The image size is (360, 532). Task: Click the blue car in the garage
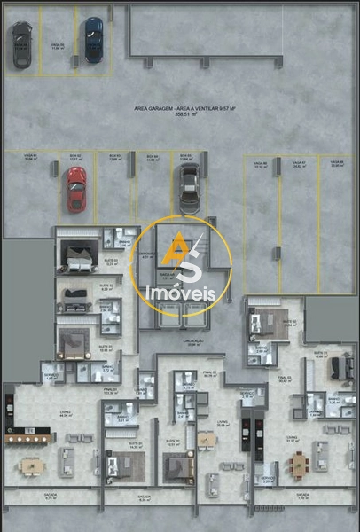click(93, 39)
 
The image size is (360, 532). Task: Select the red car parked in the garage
click(76, 189)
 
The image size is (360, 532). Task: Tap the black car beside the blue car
click(20, 44)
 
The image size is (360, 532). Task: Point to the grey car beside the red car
click(189, 187)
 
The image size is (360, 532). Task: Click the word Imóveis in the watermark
click(180, 293)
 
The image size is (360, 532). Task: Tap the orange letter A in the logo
click(180, 247)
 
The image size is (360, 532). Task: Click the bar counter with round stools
click(29, 437)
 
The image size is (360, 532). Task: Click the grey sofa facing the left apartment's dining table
click(66, 461)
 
